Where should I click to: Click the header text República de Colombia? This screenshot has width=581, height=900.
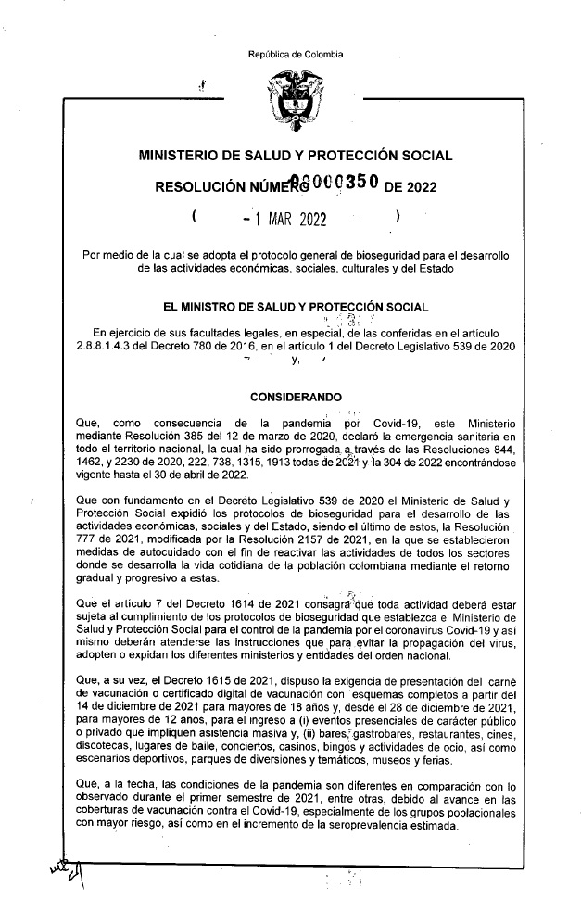pyautogui.click(x=296, y=55)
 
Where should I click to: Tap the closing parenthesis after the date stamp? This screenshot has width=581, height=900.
pyautogui.click(x=397, y=220)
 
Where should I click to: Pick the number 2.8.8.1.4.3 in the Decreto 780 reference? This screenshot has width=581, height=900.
pyautogui.click(x=110, y=347)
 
